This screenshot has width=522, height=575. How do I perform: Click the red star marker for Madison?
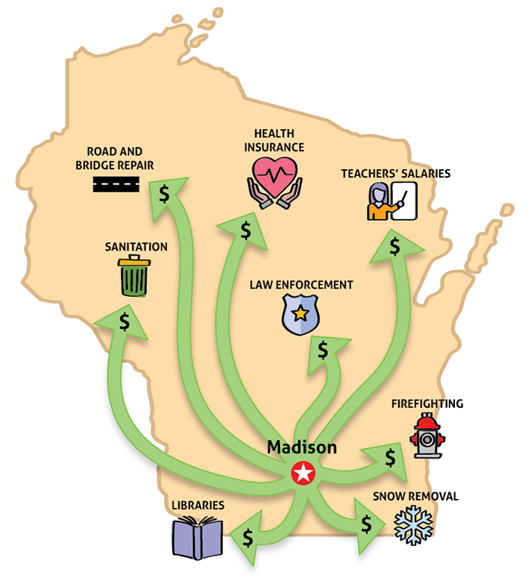coord(303,473)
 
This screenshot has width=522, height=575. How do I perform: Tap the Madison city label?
coord(302,447)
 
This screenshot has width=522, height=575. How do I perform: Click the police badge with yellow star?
coord(300,313)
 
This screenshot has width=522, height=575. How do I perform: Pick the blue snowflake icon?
coord(413,524)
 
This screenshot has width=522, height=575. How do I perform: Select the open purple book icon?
coord(198,537)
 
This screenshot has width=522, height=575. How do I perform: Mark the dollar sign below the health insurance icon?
coord(245,230)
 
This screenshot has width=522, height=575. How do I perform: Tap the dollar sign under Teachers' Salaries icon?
coord(394,245)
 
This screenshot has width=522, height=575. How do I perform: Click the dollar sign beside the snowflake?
coord(366,524)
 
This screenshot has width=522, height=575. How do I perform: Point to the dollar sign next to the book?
coord(248,536)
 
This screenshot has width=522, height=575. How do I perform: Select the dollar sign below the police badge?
coord(323,349)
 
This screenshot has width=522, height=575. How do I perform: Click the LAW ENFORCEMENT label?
coord(301,285)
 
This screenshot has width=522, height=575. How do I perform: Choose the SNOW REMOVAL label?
coord(415,496)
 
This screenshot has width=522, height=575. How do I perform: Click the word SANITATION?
coord(136,246)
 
